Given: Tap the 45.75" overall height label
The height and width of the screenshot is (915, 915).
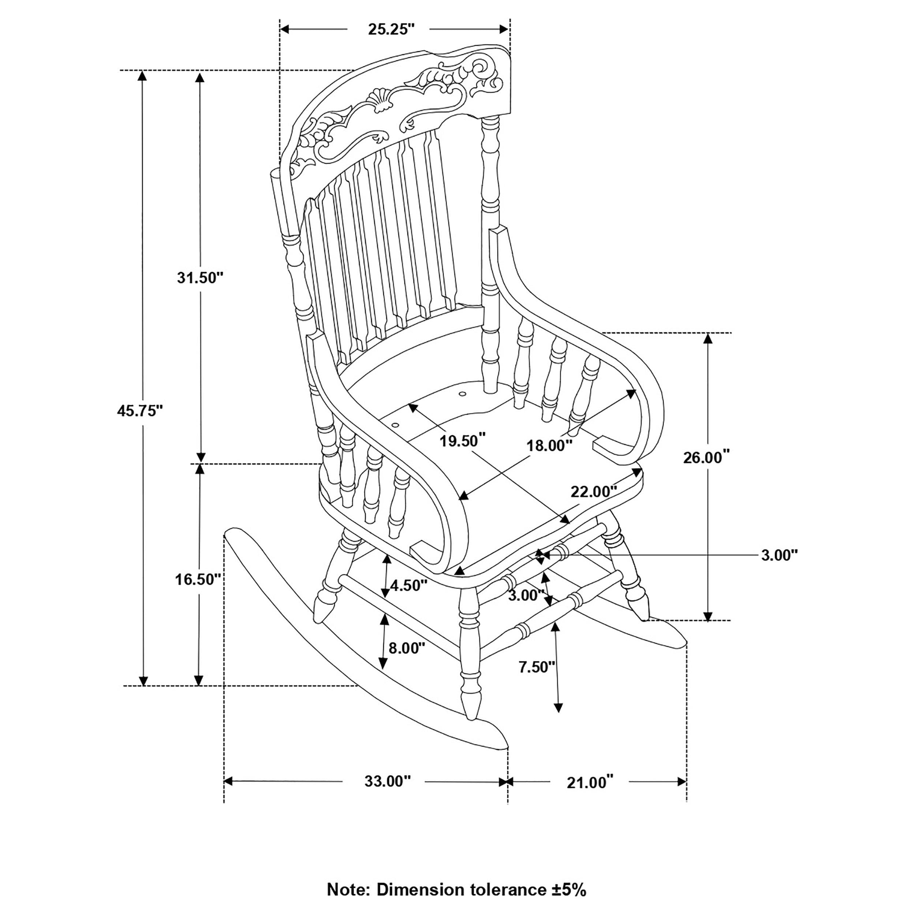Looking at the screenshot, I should tap(140, 411).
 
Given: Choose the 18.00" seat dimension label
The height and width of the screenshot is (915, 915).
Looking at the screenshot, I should tap(550, 446).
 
